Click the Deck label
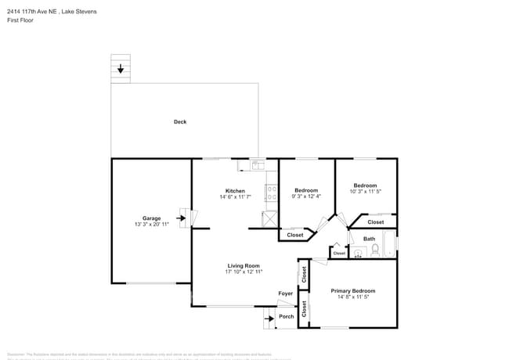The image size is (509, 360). click(180, 121)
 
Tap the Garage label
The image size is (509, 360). click(151, 218)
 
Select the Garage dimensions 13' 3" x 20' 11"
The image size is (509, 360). click(151, 225)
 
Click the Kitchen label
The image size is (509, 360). click(235, 191)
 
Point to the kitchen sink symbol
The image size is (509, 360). click(258, 164)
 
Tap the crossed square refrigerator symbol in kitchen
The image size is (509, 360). click(271, 219)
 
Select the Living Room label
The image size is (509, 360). click(244, 265)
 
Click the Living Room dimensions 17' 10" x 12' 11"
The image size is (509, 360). click(244, 272)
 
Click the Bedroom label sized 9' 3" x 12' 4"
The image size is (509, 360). click(306, 190)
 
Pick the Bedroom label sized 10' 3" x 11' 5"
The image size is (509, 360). click(365, 185)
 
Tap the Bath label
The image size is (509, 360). click(369, 239)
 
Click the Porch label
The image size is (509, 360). click(287, 316)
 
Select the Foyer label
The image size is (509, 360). click(286, 293)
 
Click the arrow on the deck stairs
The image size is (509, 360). click(120, 70)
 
